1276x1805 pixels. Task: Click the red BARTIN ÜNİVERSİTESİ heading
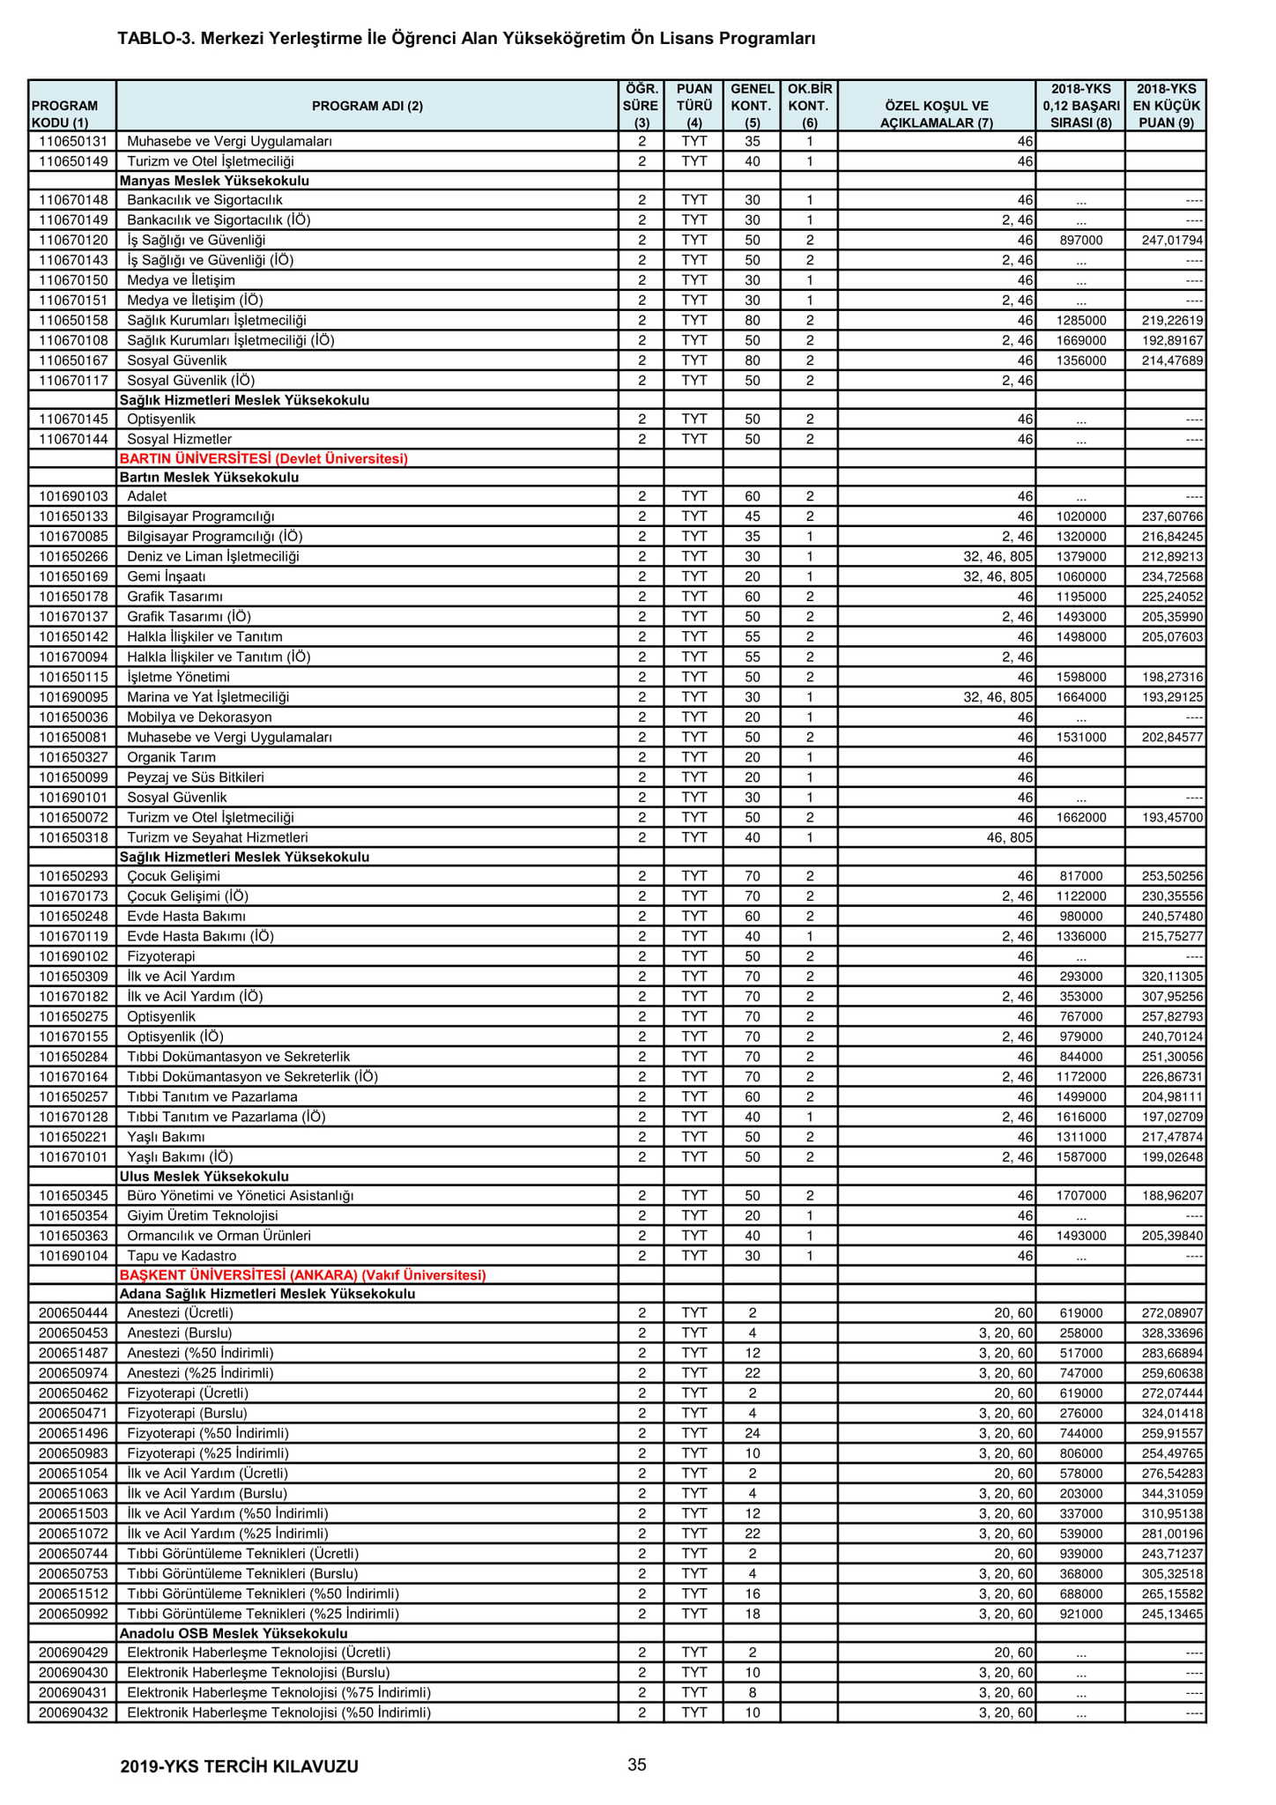(x=263, y=458)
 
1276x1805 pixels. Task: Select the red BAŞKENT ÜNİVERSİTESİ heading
(x=302, y=1275)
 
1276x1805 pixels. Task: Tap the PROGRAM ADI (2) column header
(x=367, y=106)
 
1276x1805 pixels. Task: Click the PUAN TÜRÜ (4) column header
(x=694, y=106)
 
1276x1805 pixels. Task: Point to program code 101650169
(x=72, y=576)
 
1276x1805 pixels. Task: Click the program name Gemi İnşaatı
(x=167, y=576)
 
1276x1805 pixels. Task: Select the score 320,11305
(x=1165, y=977)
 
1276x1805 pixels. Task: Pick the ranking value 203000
(x=1080, y=1493)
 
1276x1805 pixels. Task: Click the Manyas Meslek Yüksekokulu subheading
(x=214, y=181)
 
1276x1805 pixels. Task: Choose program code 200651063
(x=72, y=1493)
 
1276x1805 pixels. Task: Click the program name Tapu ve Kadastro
(x=182, y=1256)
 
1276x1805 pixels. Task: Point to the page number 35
(x=637, y=1764)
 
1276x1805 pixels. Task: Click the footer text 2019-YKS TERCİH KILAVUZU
(x=239, y=1766)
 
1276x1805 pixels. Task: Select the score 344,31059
(x=1165, y=1493)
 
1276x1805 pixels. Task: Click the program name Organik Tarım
(x=172, y=757)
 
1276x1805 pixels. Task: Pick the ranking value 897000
(x=1080, y=241)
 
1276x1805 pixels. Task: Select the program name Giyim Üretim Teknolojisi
(x=203, y=1215)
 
